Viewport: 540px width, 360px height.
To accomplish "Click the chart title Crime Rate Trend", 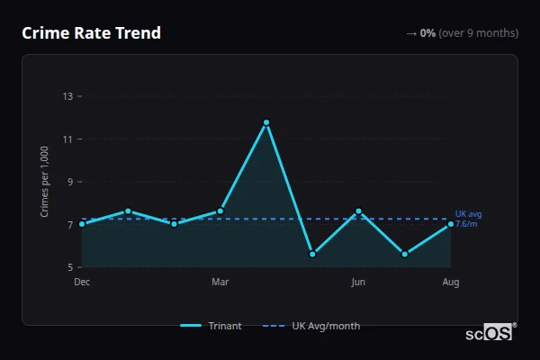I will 91,33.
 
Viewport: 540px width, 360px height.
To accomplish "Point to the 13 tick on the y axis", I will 67,96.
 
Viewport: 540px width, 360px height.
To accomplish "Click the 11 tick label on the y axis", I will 67,139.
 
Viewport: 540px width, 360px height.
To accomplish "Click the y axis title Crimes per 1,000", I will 45,182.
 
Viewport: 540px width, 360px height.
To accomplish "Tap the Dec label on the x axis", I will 82,283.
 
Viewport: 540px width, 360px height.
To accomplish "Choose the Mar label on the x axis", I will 220,283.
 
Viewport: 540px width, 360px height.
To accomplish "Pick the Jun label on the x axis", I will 358,283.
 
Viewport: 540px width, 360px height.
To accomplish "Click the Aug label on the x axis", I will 451,283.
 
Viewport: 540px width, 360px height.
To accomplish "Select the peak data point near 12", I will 266,122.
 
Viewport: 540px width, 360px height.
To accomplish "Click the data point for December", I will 82,224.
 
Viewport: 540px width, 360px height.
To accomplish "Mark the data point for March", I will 220,211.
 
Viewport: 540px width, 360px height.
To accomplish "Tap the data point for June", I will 358,211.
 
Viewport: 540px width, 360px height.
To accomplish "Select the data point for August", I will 451,224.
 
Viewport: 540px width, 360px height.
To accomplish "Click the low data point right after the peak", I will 312,254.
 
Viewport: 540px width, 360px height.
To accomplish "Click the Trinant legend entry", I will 211,326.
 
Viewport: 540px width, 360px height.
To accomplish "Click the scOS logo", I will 490,333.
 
